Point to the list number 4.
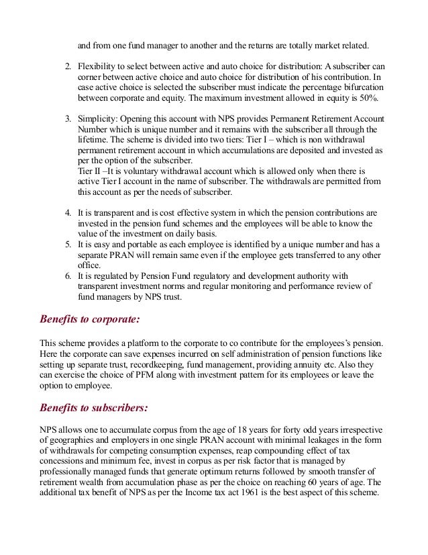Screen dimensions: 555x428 [68, 213]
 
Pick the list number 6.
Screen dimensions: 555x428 [68, 275]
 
